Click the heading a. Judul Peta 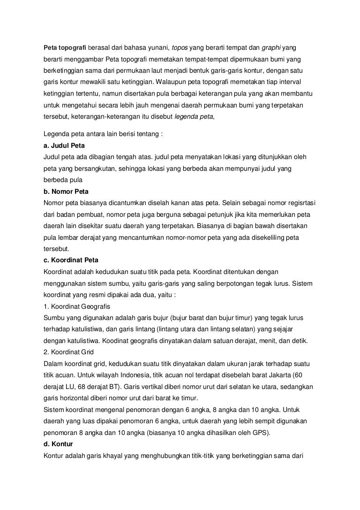[64, 146]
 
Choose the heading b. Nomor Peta [66, 192]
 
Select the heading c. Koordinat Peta [71, 260]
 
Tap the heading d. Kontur [58, 443]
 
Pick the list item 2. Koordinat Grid [68, 351]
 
